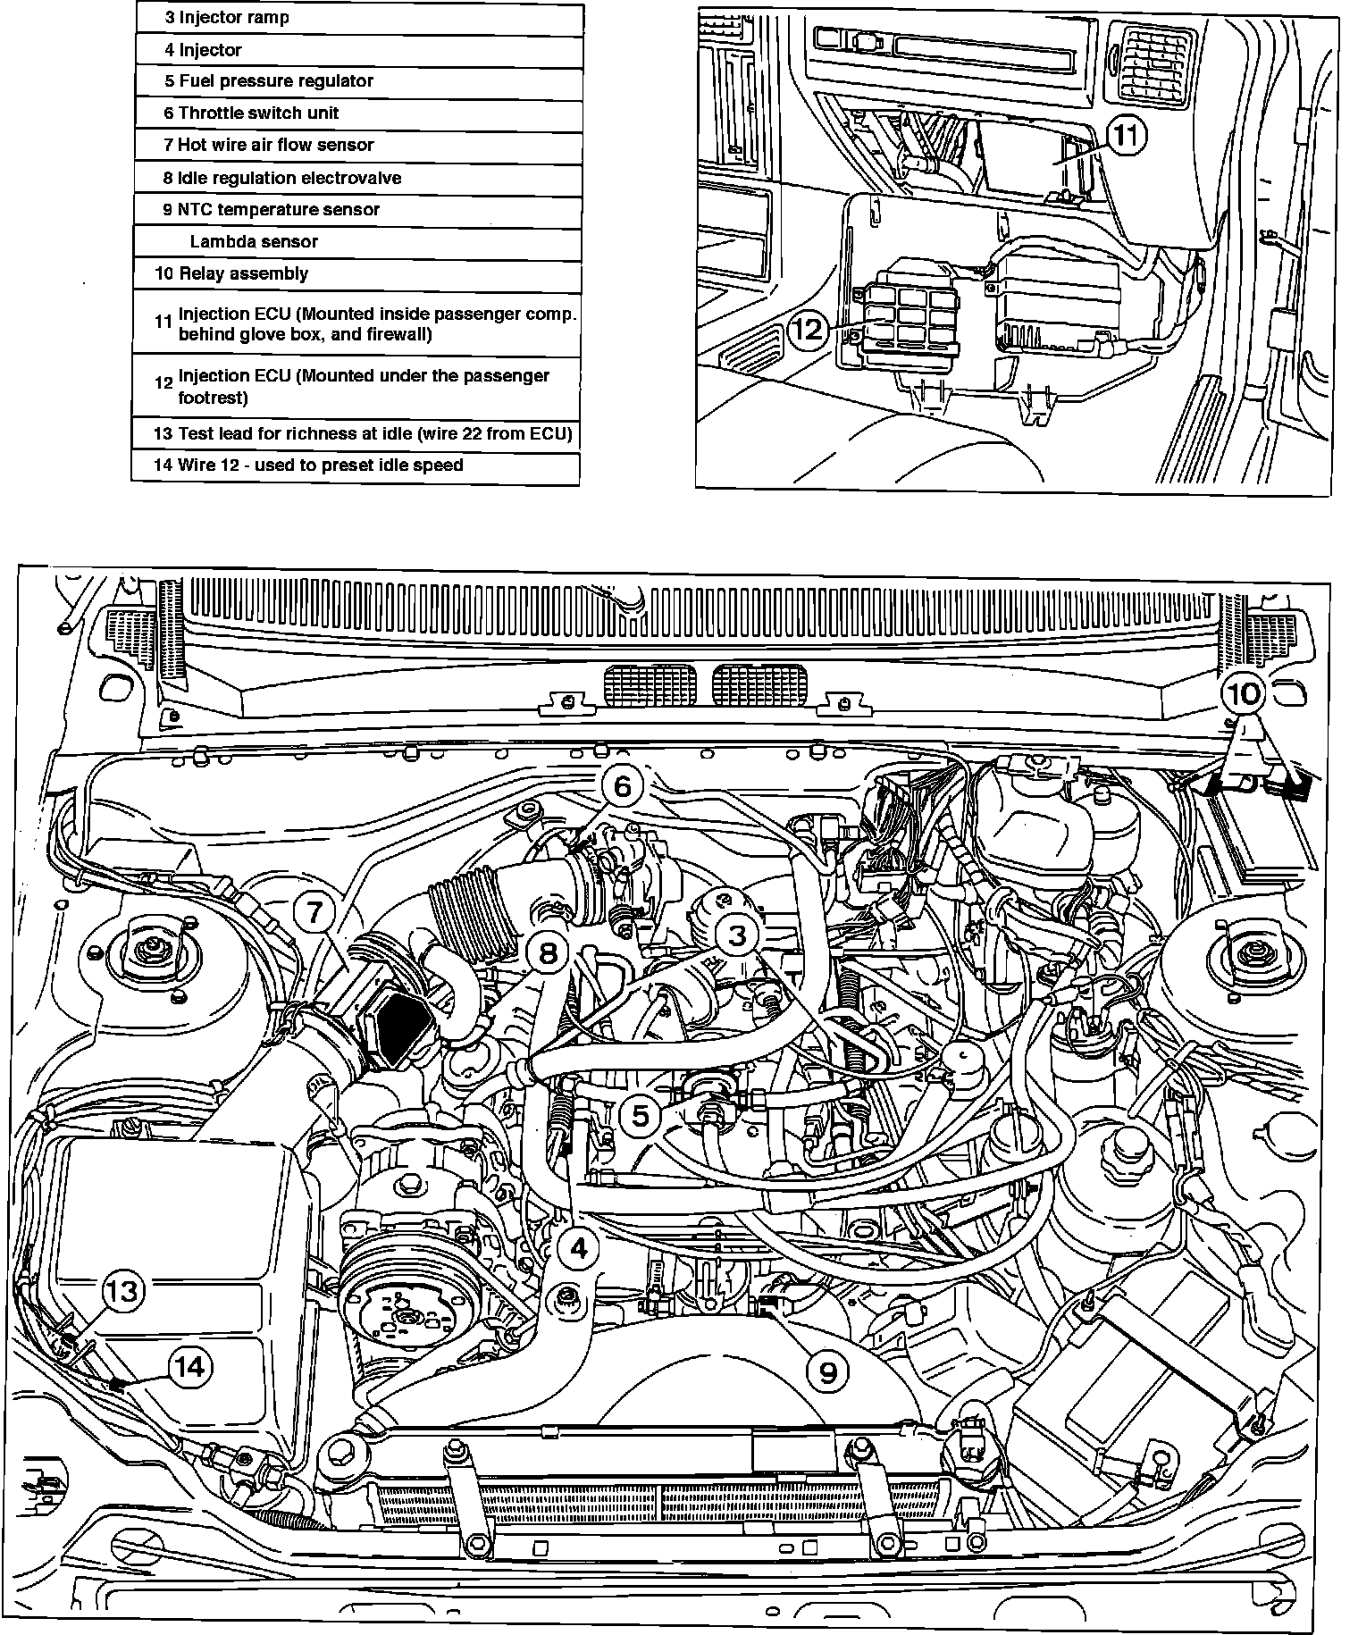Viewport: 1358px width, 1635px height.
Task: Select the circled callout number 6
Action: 622,786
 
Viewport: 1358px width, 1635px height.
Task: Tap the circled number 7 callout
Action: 314,913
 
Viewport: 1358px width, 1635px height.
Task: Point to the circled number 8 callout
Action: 548,953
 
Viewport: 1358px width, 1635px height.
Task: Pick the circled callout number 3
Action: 737,935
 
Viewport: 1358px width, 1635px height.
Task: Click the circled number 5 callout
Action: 640,1116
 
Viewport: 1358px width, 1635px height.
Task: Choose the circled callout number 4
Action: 578,1247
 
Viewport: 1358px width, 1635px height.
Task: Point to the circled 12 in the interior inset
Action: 808,330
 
